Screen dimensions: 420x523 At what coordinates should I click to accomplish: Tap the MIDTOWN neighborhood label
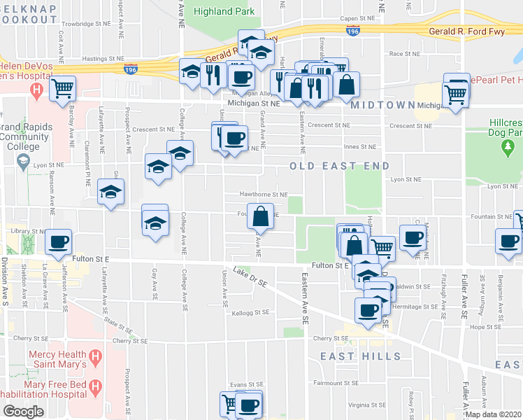pyautogui.click(x=383, y=105)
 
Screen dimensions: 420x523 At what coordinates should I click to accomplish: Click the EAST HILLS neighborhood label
pyautogui.click(x=361, y=356)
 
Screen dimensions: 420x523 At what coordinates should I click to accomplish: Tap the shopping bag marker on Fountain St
pyautogui.click(x=260, y=216)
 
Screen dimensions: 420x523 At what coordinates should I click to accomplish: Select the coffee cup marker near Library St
pyautogui.click(x=59, y=242)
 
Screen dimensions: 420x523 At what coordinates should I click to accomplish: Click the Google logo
pyautogui.click(x=23, y=412)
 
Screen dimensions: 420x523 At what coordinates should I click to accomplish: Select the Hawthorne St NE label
pyautogui.click(x=265, y=195)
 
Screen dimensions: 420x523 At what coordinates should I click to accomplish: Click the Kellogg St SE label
pyautogui.click(x=251, y=313)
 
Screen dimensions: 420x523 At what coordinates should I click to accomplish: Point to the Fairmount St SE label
pyautogui.click(x=336, y=383)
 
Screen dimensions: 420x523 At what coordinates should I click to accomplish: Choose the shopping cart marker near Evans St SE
pyautogui.click(x=229, y=403)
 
